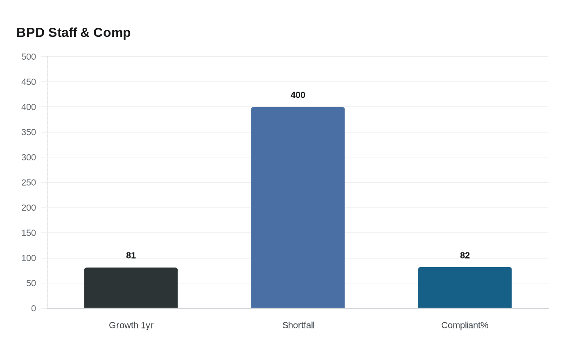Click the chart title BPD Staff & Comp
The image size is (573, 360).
[x=74, y=32]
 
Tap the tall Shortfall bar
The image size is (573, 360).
[x=298, y=207]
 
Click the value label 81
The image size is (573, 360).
[x=131, y=255]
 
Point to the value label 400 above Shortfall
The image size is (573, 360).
[x=298, y=95]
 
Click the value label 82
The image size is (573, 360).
[x=465, y=255]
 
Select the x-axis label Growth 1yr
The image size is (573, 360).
[x=131, y=325]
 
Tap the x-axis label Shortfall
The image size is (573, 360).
[x=298, y=325]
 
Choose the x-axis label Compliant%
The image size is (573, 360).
[x=465, y=325]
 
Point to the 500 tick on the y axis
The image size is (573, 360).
[x=29, y=56]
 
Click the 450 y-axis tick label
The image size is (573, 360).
[x=29, y=82]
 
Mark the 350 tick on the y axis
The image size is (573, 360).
[x=29, y=132]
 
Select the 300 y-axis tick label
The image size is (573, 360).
[x=29, y=157]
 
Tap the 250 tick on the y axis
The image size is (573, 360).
[x=29, y=182]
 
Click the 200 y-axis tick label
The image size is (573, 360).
[x=29, y=207]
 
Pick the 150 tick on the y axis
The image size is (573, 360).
[x=29, y=233]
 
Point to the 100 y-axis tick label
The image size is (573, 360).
[x=29, y=258]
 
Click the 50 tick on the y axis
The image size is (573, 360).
[x=31, y=283]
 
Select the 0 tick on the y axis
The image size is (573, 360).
[x=34, y=308]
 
